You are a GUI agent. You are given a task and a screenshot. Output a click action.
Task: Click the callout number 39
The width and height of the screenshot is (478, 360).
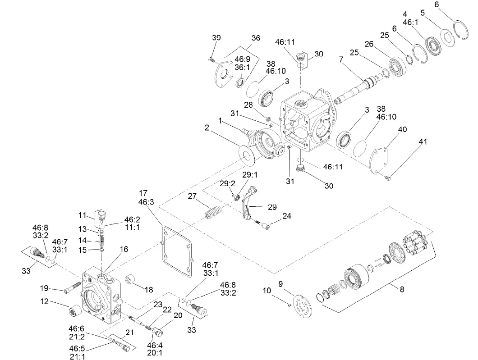tap(216, 38)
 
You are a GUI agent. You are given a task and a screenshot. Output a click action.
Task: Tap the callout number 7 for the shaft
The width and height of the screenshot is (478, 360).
tap(342, 59)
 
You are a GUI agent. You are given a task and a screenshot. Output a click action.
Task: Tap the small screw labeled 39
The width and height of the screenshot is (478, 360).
tap(211, 59)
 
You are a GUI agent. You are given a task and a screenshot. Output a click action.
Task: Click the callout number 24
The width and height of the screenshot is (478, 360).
tap(287, 216)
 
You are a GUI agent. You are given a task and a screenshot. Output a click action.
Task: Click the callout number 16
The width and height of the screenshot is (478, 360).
tap(124, 249)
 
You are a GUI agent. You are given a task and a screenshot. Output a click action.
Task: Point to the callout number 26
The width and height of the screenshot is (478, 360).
tap(369, 44)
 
